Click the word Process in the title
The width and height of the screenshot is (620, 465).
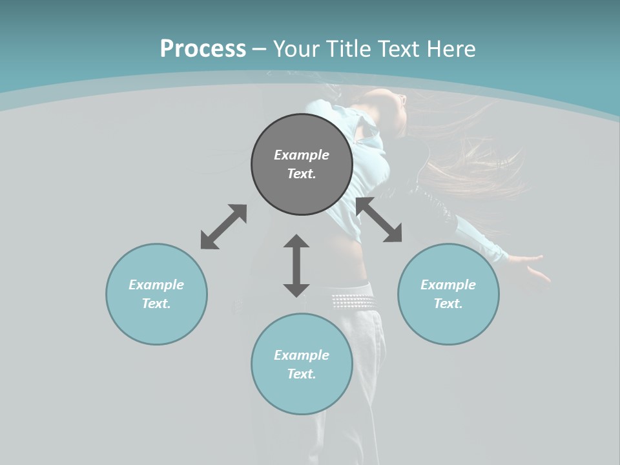(203, 49)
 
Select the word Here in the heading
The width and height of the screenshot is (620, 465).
(451, 49)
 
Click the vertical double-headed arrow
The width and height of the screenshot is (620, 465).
(296, 265)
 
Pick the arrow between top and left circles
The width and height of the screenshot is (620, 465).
(223, 227)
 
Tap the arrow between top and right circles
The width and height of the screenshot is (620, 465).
(379, 220)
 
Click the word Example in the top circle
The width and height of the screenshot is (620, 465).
(302, 155)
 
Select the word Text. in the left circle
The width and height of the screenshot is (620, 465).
(156, 304)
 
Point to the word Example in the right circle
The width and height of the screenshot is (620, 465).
(448, 285)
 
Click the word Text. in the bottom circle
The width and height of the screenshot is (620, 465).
(302, 374)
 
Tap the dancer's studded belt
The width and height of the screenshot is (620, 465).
(352, 301)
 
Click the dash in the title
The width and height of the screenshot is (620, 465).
(259, 49)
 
